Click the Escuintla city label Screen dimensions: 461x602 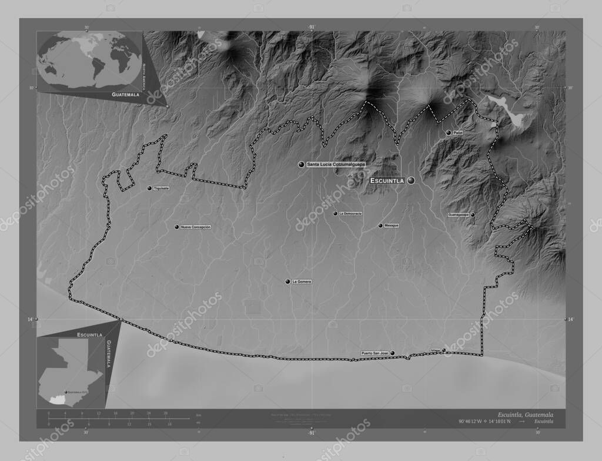387,181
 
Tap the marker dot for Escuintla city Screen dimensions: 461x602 411,180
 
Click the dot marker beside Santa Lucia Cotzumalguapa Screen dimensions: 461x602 302,164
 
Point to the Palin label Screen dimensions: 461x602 458,133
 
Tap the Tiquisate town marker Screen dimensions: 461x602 149,188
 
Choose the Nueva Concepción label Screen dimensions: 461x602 196,227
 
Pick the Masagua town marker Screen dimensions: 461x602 380,225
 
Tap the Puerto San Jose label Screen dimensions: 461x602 374,353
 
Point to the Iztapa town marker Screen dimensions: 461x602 444,350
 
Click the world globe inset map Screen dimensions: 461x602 89,62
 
